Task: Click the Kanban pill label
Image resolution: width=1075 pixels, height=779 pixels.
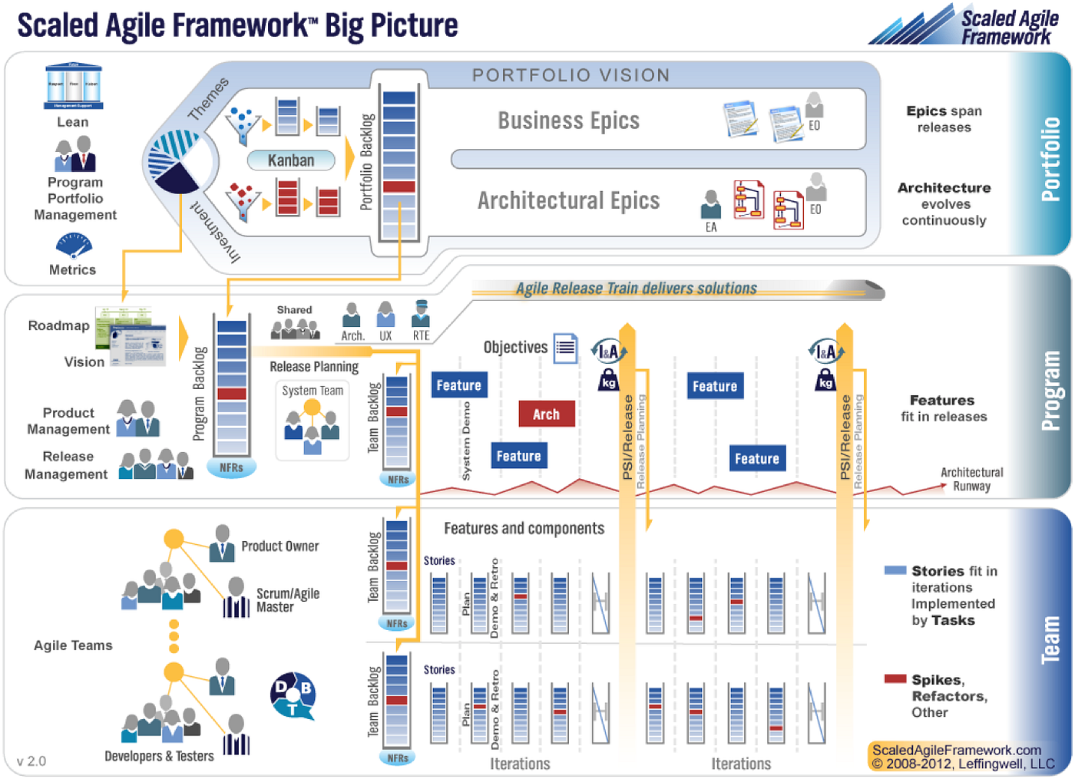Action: (x=291, y=160)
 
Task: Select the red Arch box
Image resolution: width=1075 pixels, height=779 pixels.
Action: (x=546, y=414)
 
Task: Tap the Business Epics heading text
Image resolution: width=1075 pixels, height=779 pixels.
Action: (x=568, y=120)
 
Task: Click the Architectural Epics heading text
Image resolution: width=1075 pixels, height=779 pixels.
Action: (x=568, y=201)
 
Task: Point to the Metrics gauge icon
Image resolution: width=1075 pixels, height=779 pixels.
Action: (x=74, y=246)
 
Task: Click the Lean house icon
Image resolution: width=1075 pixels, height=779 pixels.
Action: (x=73, y=86)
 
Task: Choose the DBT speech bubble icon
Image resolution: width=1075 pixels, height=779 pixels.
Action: (x=293, y=695)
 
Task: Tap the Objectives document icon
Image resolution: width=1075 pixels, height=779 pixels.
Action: (x=566, y=348)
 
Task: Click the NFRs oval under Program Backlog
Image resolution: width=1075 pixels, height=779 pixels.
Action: (x=231, y=467)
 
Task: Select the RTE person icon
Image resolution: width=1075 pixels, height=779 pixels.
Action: (x=421, y=315)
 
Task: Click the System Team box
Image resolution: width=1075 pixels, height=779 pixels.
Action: (x=312, y=421)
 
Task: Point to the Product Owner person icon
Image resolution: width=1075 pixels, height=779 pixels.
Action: (x=222, y=543)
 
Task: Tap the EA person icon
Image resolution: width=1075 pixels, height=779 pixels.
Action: (x=711, y=206)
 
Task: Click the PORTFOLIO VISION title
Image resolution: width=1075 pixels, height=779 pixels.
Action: (x=571, y=75)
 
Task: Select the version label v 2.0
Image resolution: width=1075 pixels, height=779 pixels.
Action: (x=31, y=761)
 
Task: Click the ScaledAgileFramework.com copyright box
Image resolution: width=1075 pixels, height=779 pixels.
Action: (x=962, y=757)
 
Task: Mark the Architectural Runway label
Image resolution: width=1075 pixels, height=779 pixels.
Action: (x=971, y=479)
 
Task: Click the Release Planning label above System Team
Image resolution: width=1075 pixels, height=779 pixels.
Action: (x=314, y=367)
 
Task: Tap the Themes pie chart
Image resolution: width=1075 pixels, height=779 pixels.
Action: (x=179, y=161)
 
